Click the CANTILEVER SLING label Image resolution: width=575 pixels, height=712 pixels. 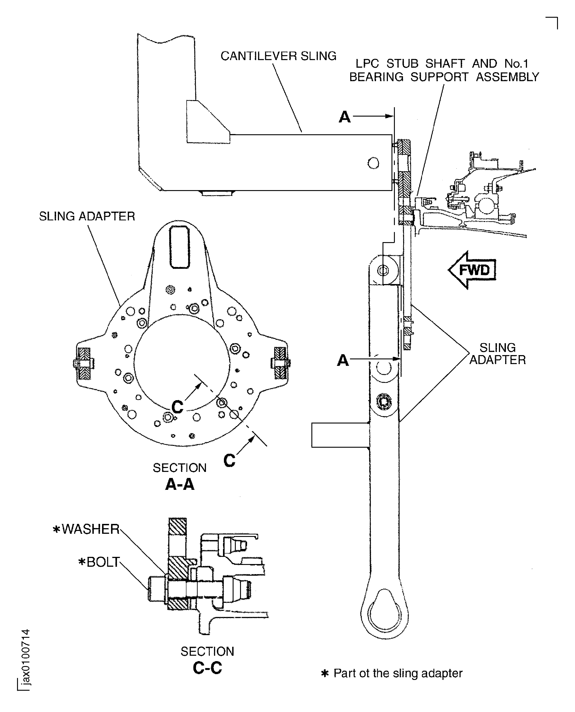click(x=278, y=56)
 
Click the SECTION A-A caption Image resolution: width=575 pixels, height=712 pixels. click(x=179, y=476)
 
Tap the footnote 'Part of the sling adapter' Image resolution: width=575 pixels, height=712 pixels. click(x=393, y=673)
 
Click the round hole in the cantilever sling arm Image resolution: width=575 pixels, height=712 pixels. click(x=373, y=163)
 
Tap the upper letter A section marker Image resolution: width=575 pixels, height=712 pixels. click(x=344, y=117)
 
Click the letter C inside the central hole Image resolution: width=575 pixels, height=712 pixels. click(x=177, y=407)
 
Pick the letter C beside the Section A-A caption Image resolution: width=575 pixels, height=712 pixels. click(x=229, y=460)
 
